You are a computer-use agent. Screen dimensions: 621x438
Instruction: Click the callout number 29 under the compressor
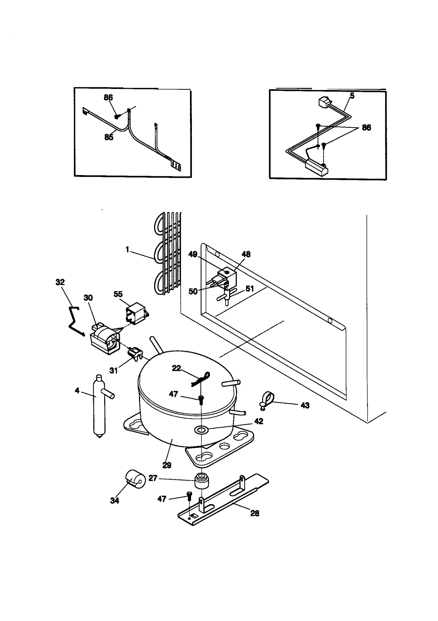coord(167,465)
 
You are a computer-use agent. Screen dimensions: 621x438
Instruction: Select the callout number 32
coord(60,282)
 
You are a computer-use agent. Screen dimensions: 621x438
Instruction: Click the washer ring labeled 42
coord(201,430)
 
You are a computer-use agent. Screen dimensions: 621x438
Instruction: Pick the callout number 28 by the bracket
coord(255,513)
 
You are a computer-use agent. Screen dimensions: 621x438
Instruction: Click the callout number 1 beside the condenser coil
coord(127,249)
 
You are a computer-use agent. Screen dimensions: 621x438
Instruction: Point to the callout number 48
coord(246,254)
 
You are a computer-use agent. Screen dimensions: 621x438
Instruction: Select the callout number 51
coord(250,289)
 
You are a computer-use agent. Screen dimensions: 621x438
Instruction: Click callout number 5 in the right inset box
coord(352,96)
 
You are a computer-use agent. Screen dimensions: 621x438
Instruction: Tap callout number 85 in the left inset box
coord(109,137)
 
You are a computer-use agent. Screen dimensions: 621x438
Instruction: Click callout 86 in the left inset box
coord(108,97)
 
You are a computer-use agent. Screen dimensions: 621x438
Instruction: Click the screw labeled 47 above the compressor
coord(201,400)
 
